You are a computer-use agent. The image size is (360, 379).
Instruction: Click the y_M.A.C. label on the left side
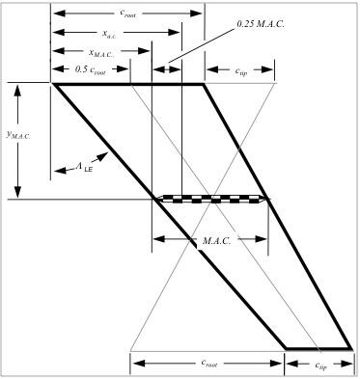point(18,136)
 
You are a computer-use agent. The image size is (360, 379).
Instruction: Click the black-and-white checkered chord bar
point(213,199)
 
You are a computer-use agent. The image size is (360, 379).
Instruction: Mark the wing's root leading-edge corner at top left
point(53,85)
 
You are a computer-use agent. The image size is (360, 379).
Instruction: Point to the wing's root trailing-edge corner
point(204,85)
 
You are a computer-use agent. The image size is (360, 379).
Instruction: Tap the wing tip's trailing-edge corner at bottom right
point(350,347)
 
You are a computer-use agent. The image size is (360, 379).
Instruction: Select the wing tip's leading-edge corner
point(286,347)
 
